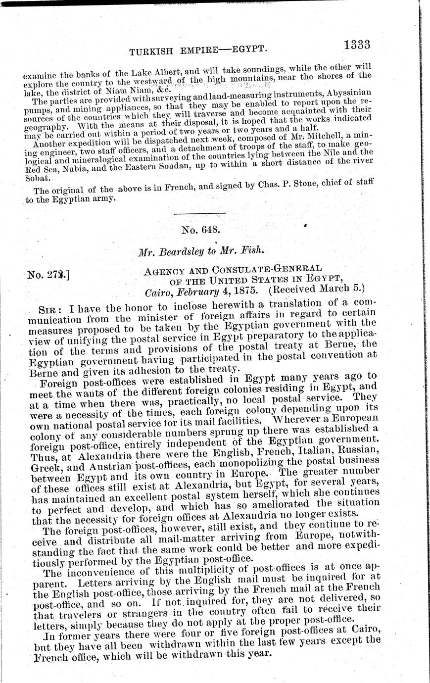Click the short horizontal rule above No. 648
coord(200,213)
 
